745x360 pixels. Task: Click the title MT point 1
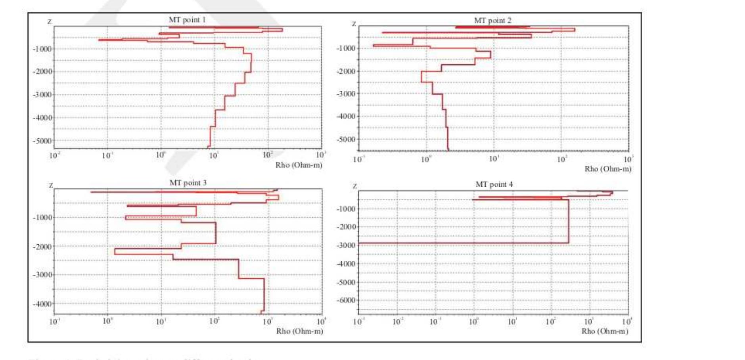(187, 20)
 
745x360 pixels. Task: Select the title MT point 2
(492, 21)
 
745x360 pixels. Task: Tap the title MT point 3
(188, 183)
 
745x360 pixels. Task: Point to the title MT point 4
(494, 184)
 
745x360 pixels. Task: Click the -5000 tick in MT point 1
(42, 141)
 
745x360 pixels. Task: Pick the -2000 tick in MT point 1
(42, 72)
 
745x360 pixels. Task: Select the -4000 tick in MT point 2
(346, 117)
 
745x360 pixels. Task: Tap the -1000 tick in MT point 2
(346, 48)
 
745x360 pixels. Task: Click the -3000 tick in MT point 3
(42, 275)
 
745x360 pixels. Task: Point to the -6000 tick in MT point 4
(346, 301)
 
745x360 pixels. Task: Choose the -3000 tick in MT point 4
(346, 245)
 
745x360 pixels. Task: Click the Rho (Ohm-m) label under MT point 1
(299, 165)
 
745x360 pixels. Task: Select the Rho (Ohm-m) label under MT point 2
(608, 169)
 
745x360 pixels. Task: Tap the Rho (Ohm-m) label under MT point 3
(299, 331)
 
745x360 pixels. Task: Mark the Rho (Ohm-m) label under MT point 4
(605, 331)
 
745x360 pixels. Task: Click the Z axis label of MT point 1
(50, 21)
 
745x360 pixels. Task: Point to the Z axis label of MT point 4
(354, 186)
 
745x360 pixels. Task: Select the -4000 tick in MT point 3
(42, 304)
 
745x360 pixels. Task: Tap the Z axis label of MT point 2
(354, 24)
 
